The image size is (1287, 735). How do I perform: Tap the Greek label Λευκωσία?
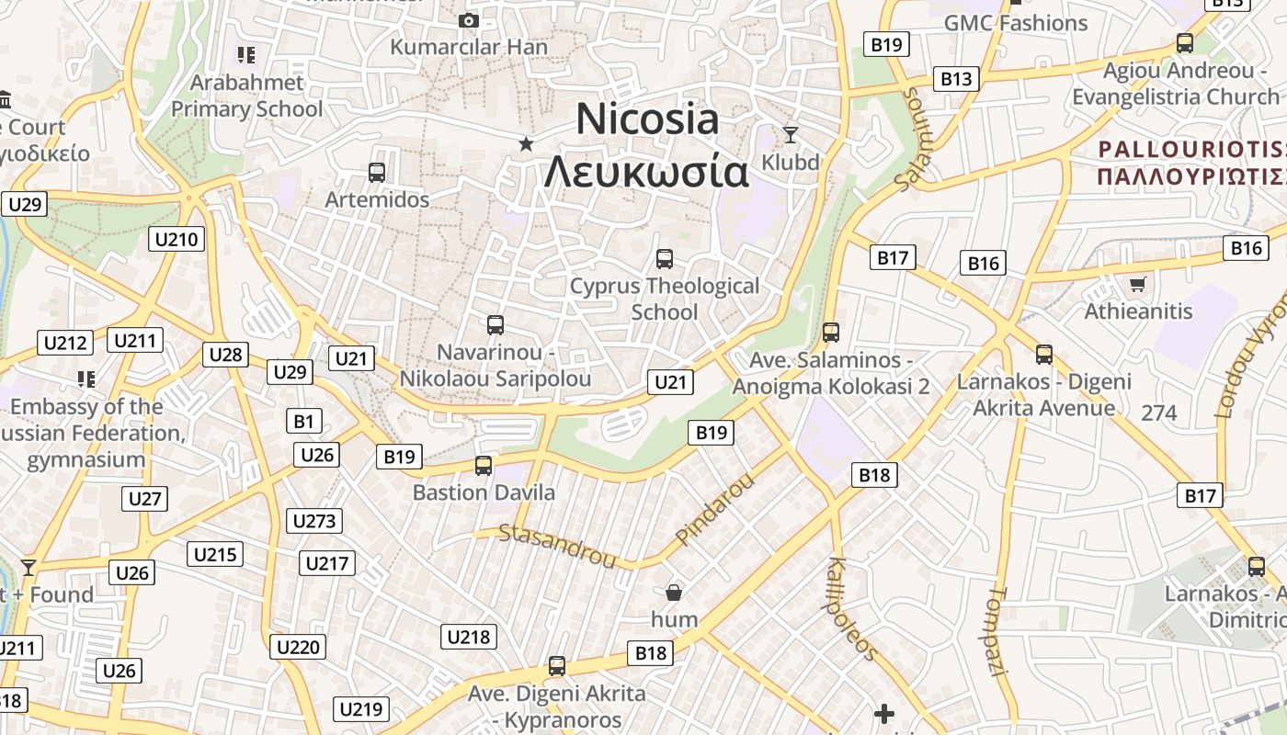646,171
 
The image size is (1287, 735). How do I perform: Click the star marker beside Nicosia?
526,143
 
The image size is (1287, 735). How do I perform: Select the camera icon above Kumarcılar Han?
469,20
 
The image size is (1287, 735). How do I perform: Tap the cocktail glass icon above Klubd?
791,135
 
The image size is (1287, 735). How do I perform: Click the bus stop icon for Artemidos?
376,172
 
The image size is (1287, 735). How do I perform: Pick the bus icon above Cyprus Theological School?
665,259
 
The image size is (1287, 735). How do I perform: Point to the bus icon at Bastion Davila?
484,466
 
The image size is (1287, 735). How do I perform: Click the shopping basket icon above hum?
674,593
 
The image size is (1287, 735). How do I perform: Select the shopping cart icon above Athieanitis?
1138,284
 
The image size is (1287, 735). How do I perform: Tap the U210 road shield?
177,240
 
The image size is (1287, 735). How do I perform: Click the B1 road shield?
303,422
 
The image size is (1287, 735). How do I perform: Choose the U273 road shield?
314,521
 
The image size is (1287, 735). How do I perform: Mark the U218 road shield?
469,637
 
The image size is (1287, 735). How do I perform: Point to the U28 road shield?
226,355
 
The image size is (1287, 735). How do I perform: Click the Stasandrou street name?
557,545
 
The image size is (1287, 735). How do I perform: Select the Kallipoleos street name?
852,607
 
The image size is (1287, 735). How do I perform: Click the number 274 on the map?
1158,413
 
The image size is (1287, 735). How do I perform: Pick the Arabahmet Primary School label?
247,96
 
